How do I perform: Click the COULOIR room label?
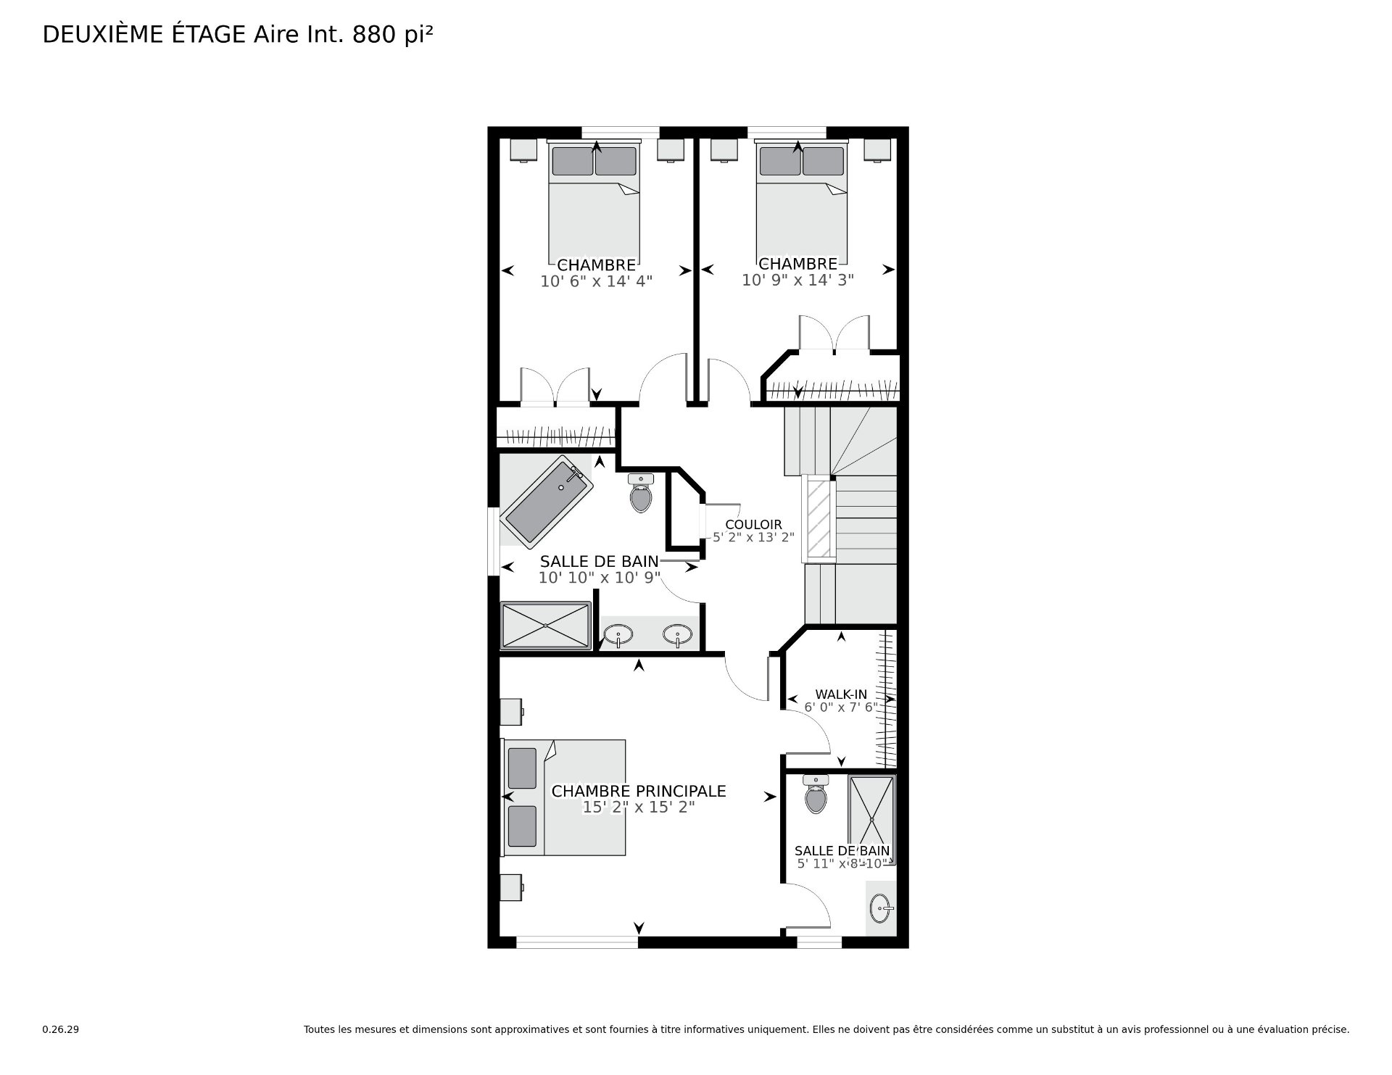(x=753, y=525)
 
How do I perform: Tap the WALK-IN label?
(x=841, y=694)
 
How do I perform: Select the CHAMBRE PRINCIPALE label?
(x=639, y=791)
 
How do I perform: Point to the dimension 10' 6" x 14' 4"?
(x=596, y=281)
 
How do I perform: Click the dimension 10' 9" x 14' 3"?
(x=797, y=280)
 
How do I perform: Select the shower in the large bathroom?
(x=546, y=625)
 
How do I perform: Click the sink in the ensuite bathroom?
(x=882, y=908)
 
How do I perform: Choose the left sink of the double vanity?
(x=618, y=635)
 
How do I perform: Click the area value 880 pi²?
(x=392, y=35)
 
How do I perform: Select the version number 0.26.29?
(x=61, y=1029)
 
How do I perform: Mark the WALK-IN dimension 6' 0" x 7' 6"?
(x=841, y=707)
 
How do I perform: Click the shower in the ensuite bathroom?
(x=872, y=819)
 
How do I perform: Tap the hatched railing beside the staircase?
(x=820, y=518)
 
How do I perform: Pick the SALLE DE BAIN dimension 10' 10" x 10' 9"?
(x=599, y=578)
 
